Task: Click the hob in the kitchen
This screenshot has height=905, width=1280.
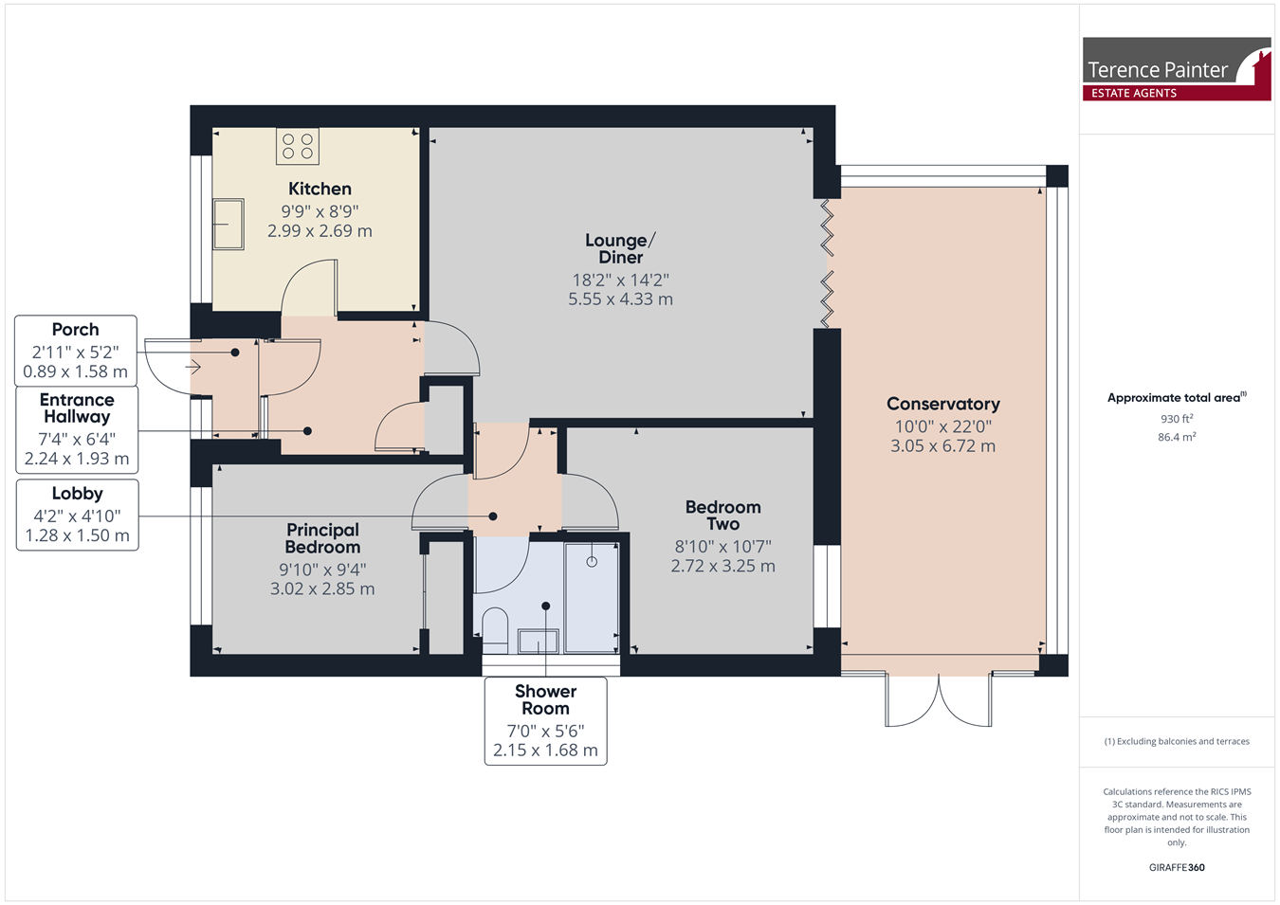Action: [x=297, y=146]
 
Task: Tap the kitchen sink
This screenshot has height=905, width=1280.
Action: [x=229, y=224]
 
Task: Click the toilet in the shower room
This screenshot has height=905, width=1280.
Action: [x=495, y=630]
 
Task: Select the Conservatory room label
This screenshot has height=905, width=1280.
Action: [x=942, y=404]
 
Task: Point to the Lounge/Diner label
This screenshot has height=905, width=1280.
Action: [x=621, y=248]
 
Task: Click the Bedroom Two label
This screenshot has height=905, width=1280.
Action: [x=722, y=515]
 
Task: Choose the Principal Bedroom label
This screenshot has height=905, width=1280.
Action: [x=323, y=538]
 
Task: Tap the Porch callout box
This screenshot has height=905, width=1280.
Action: [x=76, y=351]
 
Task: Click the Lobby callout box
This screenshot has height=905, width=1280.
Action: [x=77, y=515]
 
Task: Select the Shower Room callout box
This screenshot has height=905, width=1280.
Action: [x=546, y=721]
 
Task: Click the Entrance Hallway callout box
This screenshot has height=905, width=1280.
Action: [x=77, y=430]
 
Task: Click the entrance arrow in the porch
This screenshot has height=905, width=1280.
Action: [x=193, y=367]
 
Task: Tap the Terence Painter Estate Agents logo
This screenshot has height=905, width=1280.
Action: [x=1177, y=69]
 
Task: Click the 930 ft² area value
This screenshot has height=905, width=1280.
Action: [x=1177, y=419]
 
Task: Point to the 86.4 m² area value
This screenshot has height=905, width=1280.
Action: [x=1177, y=437]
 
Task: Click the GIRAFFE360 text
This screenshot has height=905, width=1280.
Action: [x=1177, y=867]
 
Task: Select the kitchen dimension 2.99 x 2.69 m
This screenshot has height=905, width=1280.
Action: [x=320, y=230]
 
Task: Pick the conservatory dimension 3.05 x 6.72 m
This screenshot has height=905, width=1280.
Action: [x=942, y=445]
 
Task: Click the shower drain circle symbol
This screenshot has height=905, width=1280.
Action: [x=592, y=562]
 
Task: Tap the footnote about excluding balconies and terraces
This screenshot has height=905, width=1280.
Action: [x=1177, y=741]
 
